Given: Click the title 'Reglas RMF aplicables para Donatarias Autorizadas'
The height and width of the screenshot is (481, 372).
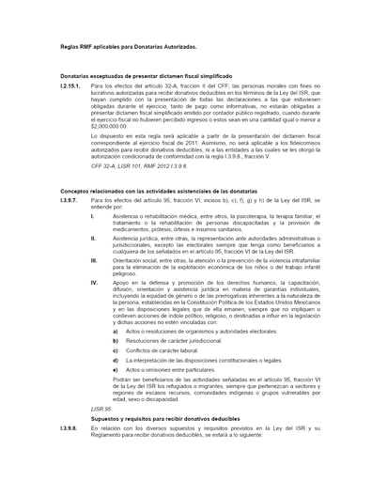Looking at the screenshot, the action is (x=128, y=45).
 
